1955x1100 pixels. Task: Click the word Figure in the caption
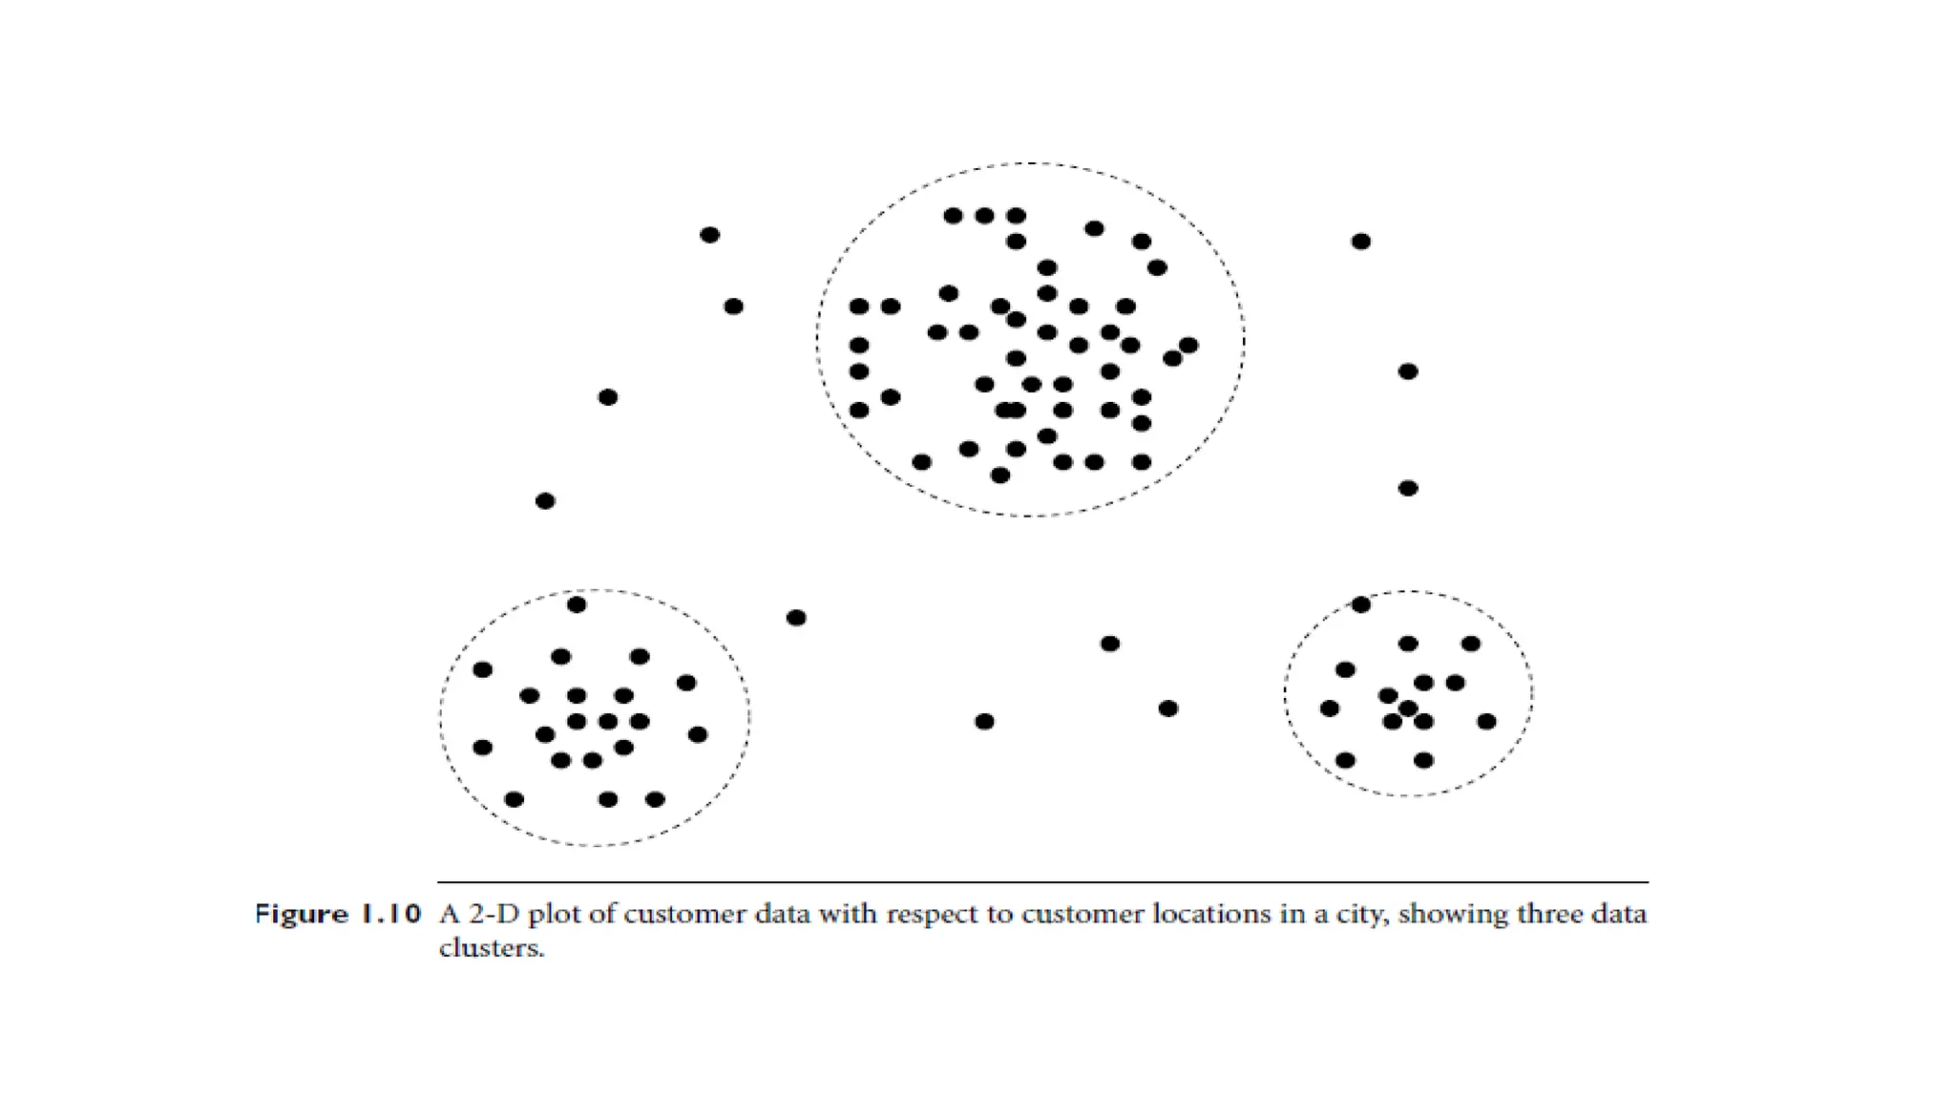coord(300,915)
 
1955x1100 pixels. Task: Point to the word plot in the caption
coord(554,916)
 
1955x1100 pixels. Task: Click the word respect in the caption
coord(935,916)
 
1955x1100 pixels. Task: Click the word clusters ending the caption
coord(491,948)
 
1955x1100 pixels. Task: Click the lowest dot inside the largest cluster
coord(1000,476)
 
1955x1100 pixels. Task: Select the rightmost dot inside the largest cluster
coord(1188,345)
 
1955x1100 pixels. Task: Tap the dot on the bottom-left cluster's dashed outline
coord(577,604)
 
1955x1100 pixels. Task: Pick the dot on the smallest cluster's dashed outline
coord(1361,604)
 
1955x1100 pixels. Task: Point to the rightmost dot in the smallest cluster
coord(1486,721)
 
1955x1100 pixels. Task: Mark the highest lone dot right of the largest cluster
coord(1361,242)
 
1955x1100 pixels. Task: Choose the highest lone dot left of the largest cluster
coord(709,235)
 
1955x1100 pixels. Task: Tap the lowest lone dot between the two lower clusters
coord(984,721)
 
